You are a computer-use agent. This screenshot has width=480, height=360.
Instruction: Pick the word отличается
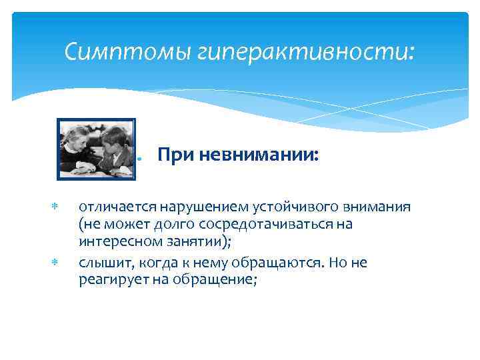[x=113, y=207]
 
